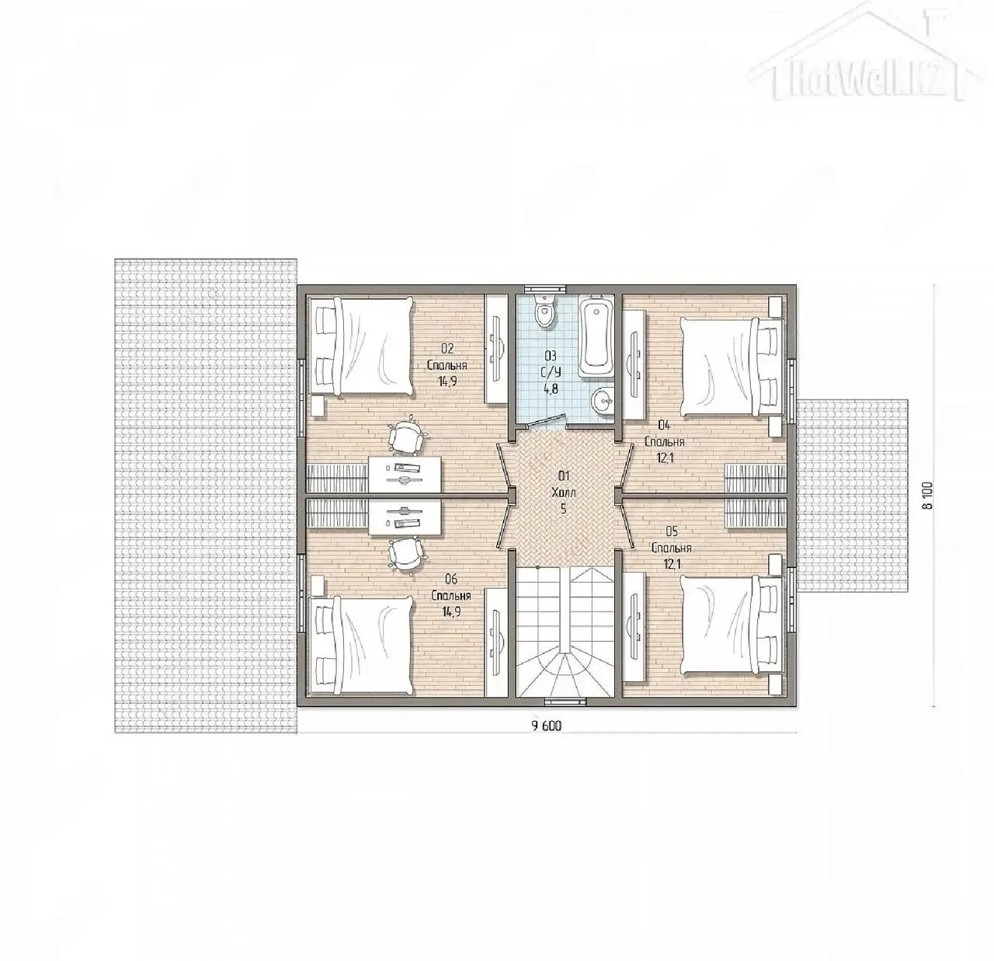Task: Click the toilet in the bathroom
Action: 545,311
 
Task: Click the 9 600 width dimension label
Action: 546,726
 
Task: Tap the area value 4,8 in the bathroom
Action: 551,388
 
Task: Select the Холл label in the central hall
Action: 564,493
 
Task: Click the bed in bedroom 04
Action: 732,367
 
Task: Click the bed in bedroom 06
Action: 361,645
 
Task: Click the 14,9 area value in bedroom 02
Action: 447,381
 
